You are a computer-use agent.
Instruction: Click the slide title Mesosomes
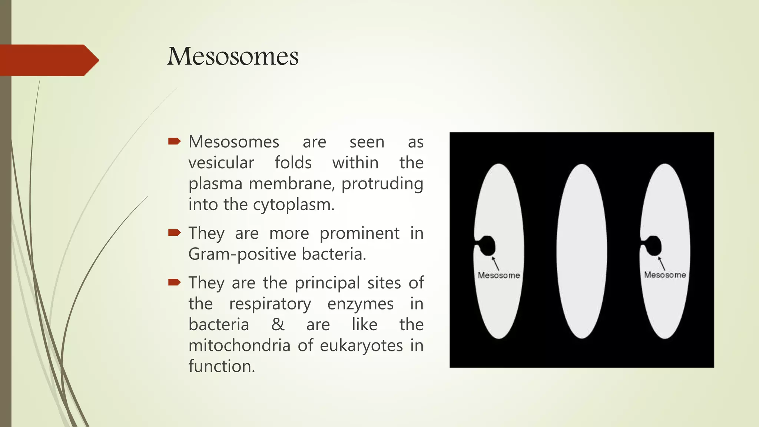pyautogui.click(x=233, y=57)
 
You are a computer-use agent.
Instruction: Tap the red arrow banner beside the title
pyautogui.click(x=48, y=60)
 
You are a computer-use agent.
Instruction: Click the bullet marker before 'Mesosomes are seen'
pyautogui.click(x=174, y=141)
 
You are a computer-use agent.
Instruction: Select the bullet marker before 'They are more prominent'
pyautogui.click(x=174, y=233)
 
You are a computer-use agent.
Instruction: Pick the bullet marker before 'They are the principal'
pyautogui.click(x=174, y=282)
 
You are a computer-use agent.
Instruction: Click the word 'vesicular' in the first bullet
pyautogui.click(x=221, y=163)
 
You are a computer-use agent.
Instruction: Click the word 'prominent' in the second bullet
pyautogui.click(x=359, y=234)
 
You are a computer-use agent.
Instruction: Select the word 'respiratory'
pyautogui.click(x=270, y=304)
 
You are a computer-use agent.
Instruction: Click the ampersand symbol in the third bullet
pyautogui.click(x=278, y=325)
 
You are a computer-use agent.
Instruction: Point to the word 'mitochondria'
pyautogui.click(x=239, y=345)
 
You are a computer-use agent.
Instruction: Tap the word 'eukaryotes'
pyautogui.click(x=361, y=345)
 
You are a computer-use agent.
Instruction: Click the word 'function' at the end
pyautogui.click(x=221, y=366)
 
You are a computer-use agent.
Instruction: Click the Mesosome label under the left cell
pyautogui.click(x=498, y=275)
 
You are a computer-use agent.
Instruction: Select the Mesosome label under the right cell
pyautogui.click(x=664, y=275)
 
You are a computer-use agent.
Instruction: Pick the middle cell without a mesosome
pyautogui.click(x=581, y=251)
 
